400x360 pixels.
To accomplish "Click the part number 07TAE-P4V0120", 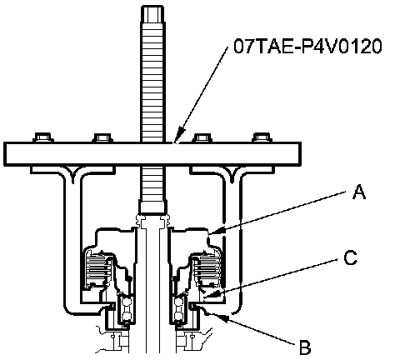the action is coord(307,46).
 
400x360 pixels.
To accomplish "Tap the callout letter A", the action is coord(359,192).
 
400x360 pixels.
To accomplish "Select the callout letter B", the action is coord(305,347).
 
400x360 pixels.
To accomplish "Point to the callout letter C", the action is coord(350,258).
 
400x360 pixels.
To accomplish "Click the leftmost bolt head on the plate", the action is coord(43,137).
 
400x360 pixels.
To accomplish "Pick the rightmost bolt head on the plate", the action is coord(262,137).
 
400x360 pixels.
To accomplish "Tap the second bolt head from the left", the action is coord(102,137).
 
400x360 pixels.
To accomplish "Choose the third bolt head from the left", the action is coord(202,137).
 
